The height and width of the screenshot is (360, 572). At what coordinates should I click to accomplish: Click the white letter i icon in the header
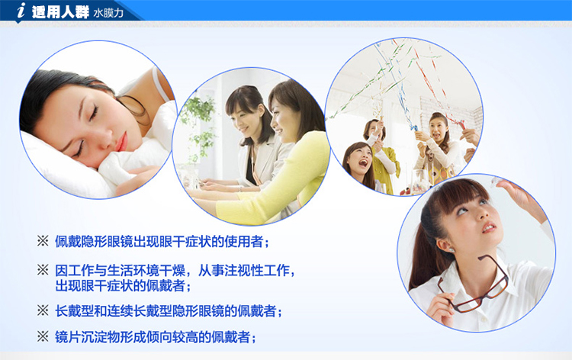point(21,10)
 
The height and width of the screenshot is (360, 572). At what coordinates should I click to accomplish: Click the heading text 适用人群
point(60,12)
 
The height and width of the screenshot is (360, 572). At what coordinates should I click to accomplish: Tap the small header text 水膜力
point(108,13)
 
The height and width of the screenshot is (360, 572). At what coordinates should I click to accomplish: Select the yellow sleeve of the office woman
point(278,182)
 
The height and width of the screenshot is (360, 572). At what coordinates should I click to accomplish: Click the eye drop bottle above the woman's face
point(496,182)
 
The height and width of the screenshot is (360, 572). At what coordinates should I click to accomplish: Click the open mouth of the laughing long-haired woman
point(363,162)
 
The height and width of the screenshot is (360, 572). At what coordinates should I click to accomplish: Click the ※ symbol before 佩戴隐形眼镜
point(43,241)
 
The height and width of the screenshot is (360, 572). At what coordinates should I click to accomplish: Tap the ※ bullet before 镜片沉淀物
point(43,336)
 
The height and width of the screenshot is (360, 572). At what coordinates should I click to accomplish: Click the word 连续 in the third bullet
point(120,311)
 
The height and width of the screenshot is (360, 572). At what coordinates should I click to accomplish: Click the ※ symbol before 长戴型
point(43,310)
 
